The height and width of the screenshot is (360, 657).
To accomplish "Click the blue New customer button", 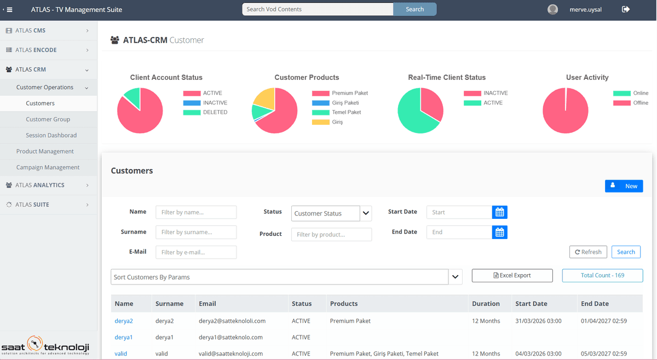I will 624,186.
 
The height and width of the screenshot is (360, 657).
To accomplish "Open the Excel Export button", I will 512,276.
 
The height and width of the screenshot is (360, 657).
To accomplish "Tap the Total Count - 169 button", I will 602,276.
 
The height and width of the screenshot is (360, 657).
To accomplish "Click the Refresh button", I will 588,252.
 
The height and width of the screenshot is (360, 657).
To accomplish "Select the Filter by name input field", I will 196,212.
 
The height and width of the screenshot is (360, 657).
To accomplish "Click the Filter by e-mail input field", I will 196,252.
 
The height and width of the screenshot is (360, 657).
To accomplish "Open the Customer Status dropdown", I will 331,213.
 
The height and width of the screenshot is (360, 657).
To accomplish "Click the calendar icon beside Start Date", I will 499,212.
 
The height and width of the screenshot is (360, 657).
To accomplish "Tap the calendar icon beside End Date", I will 499,233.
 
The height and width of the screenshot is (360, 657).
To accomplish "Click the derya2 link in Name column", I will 124,321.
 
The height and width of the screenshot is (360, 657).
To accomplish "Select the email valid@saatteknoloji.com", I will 230,353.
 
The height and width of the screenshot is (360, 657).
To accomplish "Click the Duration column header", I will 486,304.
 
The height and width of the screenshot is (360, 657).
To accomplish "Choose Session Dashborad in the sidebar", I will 51,135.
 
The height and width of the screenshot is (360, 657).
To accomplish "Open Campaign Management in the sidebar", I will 48,167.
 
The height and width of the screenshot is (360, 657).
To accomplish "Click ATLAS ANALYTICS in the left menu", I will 40,185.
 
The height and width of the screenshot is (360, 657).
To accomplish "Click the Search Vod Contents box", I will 318,9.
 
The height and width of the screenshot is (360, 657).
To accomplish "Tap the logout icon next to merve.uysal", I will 626,9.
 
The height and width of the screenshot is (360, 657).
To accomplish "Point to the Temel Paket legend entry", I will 346,112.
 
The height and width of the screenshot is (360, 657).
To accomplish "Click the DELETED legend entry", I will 215,112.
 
